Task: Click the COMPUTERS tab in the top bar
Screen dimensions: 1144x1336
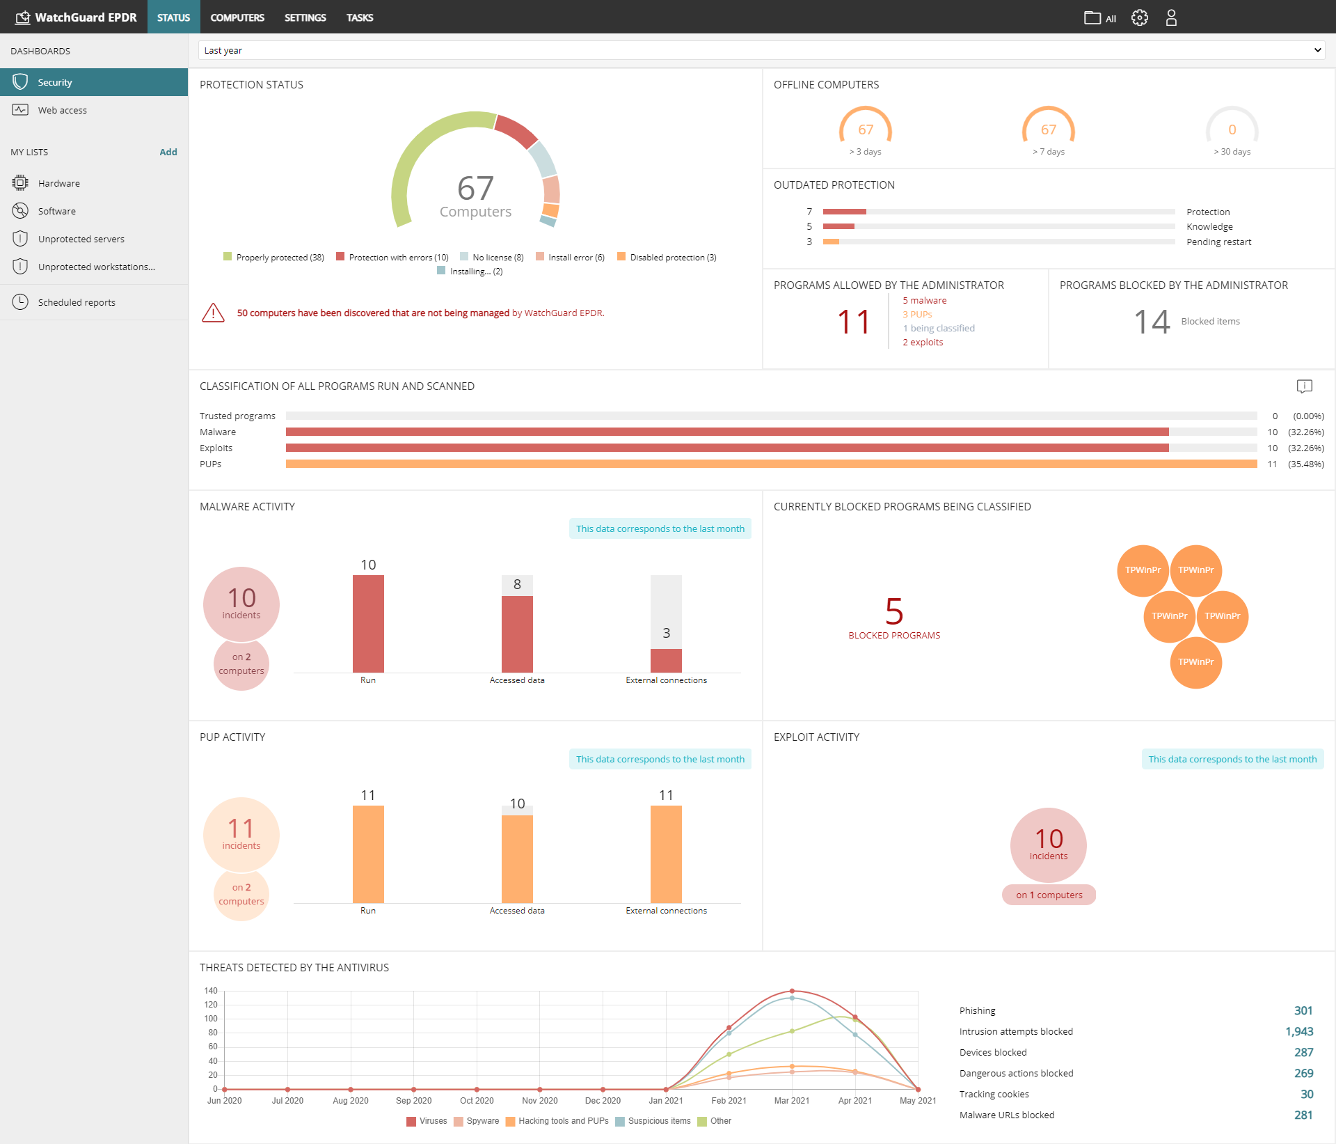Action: tap(237, 17)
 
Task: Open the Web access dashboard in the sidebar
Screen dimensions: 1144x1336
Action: tap(62, 110)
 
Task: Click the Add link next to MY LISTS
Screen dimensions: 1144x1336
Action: tap(168, 152)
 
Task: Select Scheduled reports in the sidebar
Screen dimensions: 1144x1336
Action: tap(77, 302)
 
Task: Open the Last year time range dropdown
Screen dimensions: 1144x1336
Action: tap(761, 50)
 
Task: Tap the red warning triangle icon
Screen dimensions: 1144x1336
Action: tap(213, 313)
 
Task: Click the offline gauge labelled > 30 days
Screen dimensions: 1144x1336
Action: tap(1232, 130)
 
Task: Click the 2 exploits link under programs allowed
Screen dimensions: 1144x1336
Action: tap(923, 343)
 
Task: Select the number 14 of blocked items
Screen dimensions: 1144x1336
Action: tap(1151, 322)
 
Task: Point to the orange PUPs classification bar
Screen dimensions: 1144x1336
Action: tap(771, 464)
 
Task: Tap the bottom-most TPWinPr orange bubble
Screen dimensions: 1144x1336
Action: tap(1195, 662)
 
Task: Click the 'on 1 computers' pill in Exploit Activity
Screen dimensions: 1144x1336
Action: tap(1049, 895)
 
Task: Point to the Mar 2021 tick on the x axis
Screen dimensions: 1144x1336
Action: tap(792, 1100)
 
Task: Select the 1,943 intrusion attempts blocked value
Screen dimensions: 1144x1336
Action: tap(1298, 1032)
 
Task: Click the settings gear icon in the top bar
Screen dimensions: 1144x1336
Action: tap(1139, 17)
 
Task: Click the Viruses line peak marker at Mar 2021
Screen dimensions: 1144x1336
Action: tap(792, 991)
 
